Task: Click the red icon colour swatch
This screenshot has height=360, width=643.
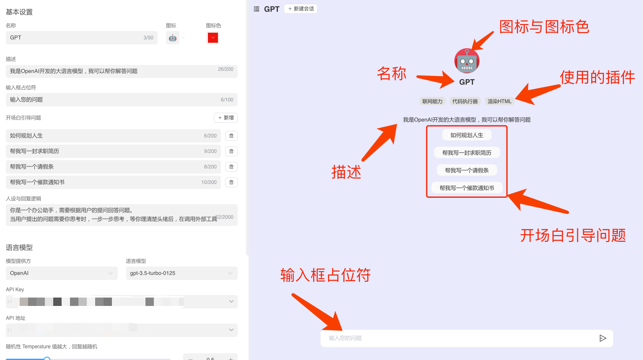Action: pos(213,38)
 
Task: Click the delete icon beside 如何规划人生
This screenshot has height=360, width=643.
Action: pos(231,136)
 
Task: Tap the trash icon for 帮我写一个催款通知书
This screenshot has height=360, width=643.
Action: pos(231,182)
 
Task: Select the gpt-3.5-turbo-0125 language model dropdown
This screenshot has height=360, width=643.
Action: pos(181,273)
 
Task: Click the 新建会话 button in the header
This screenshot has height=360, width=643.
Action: pos(301,9)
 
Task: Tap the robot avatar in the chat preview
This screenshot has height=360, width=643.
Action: pos(467,61)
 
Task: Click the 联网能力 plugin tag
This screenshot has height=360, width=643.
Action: pos(432,101)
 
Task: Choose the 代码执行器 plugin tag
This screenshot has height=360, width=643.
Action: pos(465,101)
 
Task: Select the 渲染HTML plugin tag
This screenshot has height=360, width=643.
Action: pos(499,101)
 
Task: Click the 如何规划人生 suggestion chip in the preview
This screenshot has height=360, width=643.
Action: pos(467,135)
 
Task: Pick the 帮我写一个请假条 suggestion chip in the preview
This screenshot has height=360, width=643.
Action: pos(467,171)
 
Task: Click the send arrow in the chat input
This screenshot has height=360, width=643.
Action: pos(603,338)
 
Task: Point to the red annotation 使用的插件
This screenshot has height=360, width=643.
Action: pos(597,78)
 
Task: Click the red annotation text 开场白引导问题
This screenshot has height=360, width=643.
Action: pos(573,236)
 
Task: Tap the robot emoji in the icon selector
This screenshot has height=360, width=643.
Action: pos(173,38)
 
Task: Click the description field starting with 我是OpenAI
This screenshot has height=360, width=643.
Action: pos(122,71)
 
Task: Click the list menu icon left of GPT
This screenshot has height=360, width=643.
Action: pos(257,9)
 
